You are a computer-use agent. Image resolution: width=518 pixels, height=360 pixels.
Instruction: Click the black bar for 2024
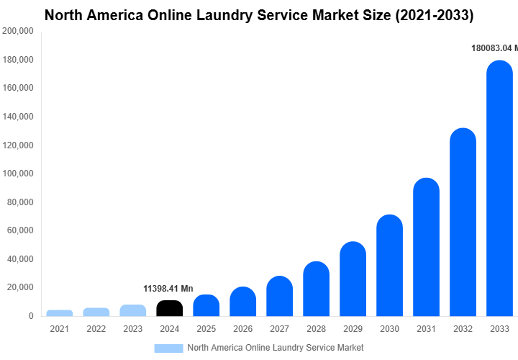coord(169,308)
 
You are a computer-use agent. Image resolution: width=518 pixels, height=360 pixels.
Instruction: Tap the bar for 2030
coord(389,266)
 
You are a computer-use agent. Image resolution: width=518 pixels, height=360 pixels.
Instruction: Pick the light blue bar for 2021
coord(60,313)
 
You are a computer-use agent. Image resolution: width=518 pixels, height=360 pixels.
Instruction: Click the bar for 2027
coord(279,296)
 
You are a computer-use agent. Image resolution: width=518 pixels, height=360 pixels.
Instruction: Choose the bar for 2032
coord(463,222)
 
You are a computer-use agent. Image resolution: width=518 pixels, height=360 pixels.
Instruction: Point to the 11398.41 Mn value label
coord(168,289)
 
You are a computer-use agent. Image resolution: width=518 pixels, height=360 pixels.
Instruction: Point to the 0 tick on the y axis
coord(31,316)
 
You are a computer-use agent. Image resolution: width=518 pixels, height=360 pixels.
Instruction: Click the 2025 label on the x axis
coord(206,329)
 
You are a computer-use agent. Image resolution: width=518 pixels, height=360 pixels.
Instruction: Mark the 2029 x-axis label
coord(353,329)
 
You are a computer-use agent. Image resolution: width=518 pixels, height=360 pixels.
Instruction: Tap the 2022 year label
coord(96,329)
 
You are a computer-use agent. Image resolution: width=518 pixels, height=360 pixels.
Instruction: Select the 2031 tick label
coord(426,329)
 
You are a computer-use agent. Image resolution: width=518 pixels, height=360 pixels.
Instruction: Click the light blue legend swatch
coord(168,348)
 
